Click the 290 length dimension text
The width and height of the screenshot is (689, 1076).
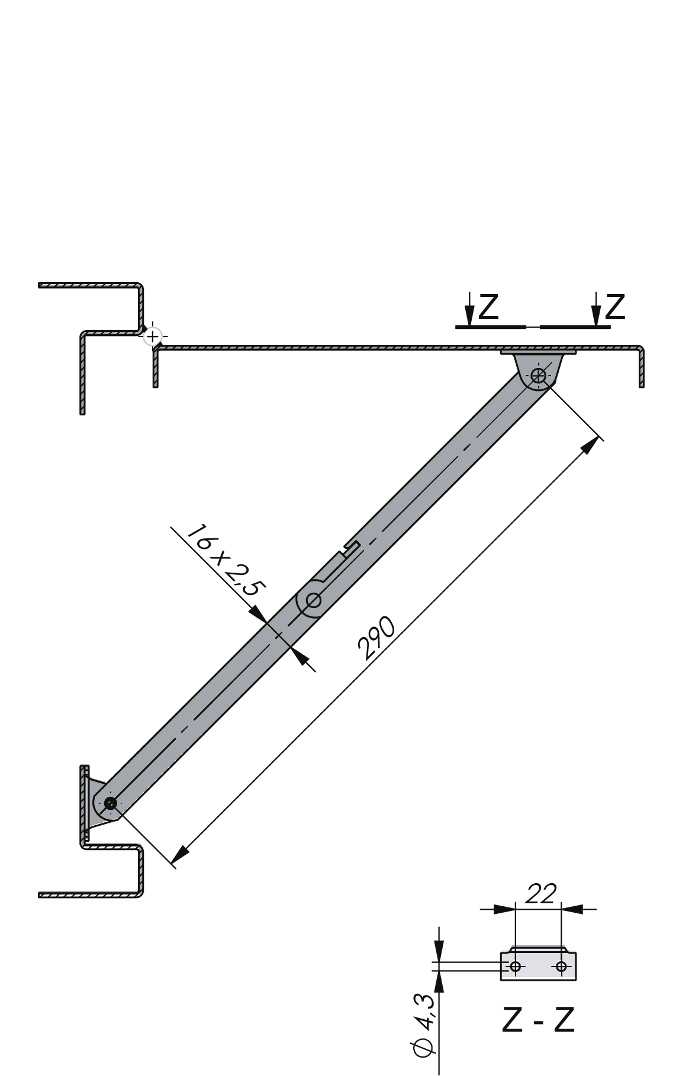tap(376, 638)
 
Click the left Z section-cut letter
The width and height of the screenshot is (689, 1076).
tap(488, 307)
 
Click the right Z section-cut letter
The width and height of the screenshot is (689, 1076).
tap(615, 307)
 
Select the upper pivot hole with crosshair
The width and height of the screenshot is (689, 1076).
tap(539, 375)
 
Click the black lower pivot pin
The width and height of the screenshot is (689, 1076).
tap(110, 803)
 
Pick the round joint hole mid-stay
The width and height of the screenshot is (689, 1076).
tap(314, 601)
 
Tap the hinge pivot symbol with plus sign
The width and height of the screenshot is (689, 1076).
tap(153, 337)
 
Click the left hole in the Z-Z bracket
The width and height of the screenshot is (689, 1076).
tap(516, 966)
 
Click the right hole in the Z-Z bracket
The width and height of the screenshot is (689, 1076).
tap(561, 966)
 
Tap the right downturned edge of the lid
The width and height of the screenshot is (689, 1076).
tap(642, 367)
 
